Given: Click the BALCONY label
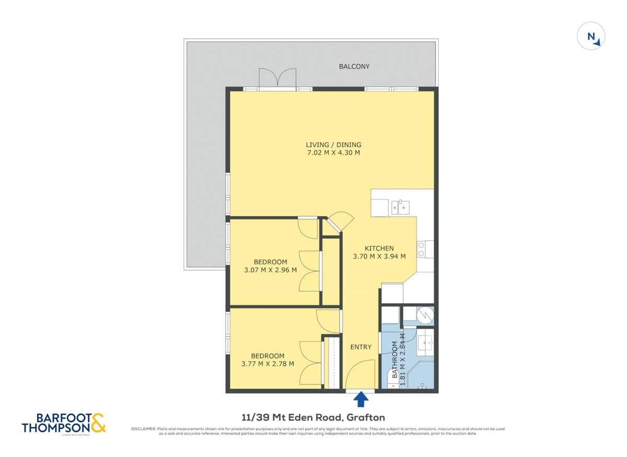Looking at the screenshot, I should coord(354,66).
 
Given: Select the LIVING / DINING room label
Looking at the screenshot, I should coord(333,145).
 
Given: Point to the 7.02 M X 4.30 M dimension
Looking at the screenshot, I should coord(333,153).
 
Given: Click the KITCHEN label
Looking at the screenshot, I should coord(379,248).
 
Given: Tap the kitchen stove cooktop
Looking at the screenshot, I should coord(422,249).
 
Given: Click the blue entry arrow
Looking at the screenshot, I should coord(361,400).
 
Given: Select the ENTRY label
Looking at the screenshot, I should coord(361,347).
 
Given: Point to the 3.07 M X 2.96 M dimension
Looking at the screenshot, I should coord(270,270).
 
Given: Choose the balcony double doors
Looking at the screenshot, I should coord(277,79).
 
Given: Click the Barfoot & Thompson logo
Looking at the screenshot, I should coord(63,423).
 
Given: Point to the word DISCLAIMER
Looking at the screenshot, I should coord(143,429).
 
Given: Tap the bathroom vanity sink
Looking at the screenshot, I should coord(426,343).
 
